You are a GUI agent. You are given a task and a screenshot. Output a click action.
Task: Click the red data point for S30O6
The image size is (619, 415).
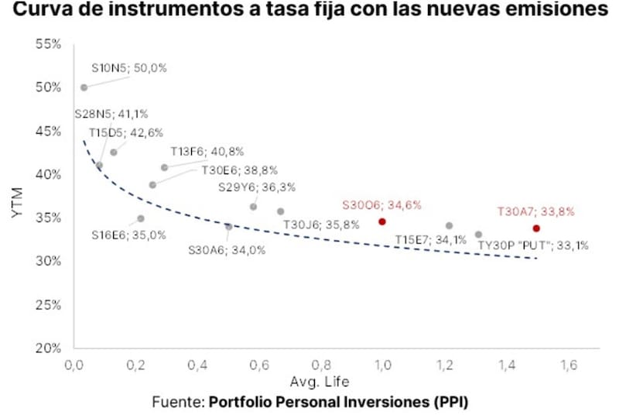point(381,221)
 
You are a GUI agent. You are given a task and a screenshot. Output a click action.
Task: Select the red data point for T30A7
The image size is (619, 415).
point(536,228)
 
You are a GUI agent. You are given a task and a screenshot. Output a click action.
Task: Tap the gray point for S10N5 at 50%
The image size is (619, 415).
point(84,87)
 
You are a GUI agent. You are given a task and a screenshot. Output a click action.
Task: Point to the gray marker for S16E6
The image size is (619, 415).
point(140,218)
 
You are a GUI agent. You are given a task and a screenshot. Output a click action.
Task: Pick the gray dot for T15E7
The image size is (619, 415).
point(449,226)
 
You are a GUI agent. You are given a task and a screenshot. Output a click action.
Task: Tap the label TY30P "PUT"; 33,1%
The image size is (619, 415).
point(532,245)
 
